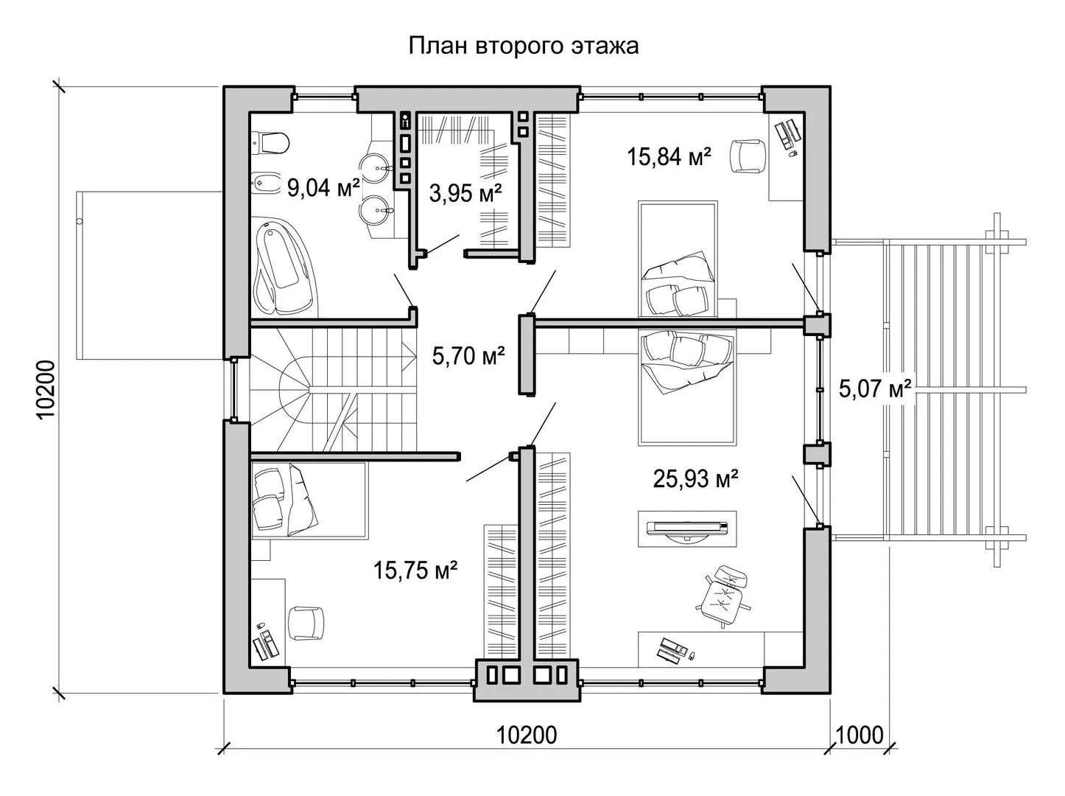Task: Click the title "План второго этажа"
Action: click(x=524, y=46)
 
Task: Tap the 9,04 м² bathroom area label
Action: click(x=323, y=187)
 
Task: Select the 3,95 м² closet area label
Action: click(x=465, y=192)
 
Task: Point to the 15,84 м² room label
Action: click(x=669, y=156)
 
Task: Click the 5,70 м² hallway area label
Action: click(x=468, y=356)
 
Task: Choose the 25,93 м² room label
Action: click(x=695, y=478)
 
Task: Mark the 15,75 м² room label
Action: click(x=415, y=569)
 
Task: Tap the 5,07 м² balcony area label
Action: click(x=875, y=389)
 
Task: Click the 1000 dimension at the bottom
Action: click(x=860, y=736)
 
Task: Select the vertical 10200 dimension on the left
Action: click(x=46, y=390)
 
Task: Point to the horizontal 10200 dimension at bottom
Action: click(x=527, y=736)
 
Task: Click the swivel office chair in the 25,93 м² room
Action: click(x=724, y=596)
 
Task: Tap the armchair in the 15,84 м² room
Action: click(x=748, y=156)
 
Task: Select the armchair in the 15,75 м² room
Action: click(x=306, y=624)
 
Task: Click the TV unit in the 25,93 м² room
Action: click(x=687, y=528)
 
